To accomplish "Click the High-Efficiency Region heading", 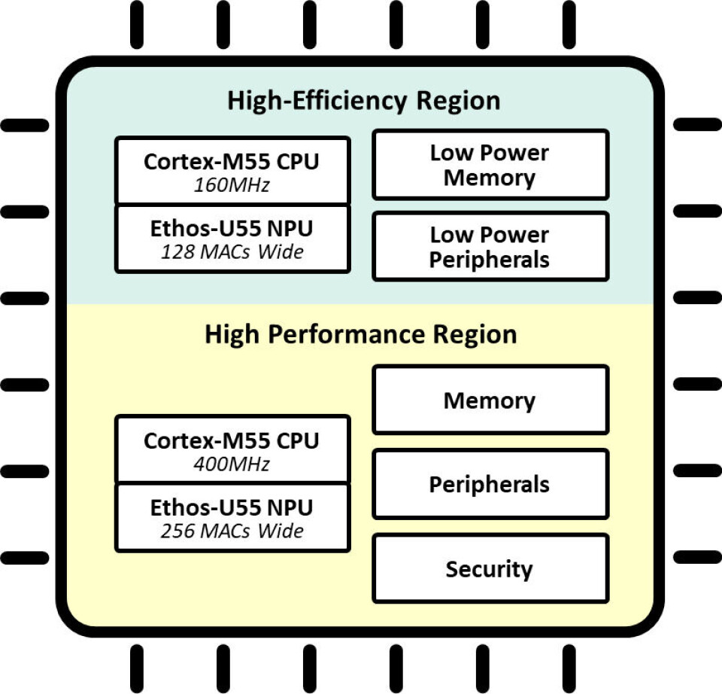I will coord(363,101).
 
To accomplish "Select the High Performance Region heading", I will coord(361,334).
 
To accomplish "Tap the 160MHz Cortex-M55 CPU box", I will coord(232,171).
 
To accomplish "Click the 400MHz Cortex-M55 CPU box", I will coord(232,449).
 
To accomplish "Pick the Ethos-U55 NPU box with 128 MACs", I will coord(232,239).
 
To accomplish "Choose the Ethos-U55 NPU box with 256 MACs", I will coord(232,518).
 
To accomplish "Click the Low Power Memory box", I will coord(490,165).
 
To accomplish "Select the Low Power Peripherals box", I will coord(490,247).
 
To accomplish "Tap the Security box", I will coord(490,568).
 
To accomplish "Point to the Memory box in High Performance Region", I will coord(490,400).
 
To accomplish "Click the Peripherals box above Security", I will coord(490,484).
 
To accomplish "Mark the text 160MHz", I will coord(232,185).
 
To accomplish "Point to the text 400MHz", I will coord(232,464).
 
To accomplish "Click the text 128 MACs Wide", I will coord(232,252).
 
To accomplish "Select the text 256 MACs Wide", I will coord(232,531).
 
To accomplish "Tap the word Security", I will coord(490,569).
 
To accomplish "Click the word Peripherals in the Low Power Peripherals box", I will coord(490,260).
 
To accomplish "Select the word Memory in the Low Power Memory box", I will coord(490,178).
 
